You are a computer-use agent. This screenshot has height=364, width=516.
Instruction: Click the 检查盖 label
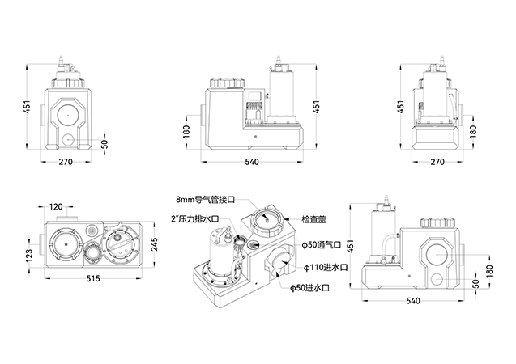point(314,219)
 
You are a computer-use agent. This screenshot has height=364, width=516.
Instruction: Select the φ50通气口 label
point(320,245)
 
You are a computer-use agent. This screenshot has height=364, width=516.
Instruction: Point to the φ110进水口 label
point(323,267)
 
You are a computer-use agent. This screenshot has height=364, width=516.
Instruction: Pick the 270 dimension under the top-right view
point(437,162)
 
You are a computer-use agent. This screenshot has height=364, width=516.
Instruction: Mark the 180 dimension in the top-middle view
point(188,131)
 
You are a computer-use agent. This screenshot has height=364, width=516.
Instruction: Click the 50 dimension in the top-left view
point(104,144)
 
